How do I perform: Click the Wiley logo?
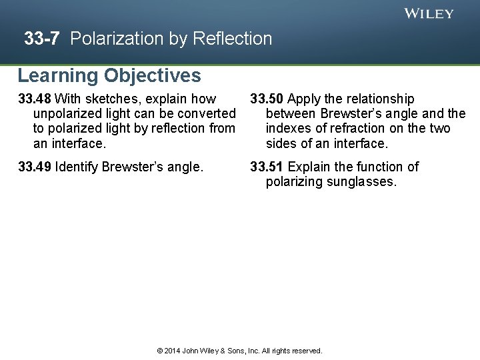pos(429,13)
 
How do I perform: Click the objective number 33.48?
pos(35,99)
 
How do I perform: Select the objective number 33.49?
pos(35,167)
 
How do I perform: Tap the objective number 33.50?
pos(267,99)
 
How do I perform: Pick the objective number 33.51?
pos(267,167)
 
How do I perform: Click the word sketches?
pos(109,99)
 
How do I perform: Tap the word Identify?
pos(77,167)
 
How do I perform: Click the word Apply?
pos(305,99)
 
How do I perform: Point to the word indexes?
pos(289,129)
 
